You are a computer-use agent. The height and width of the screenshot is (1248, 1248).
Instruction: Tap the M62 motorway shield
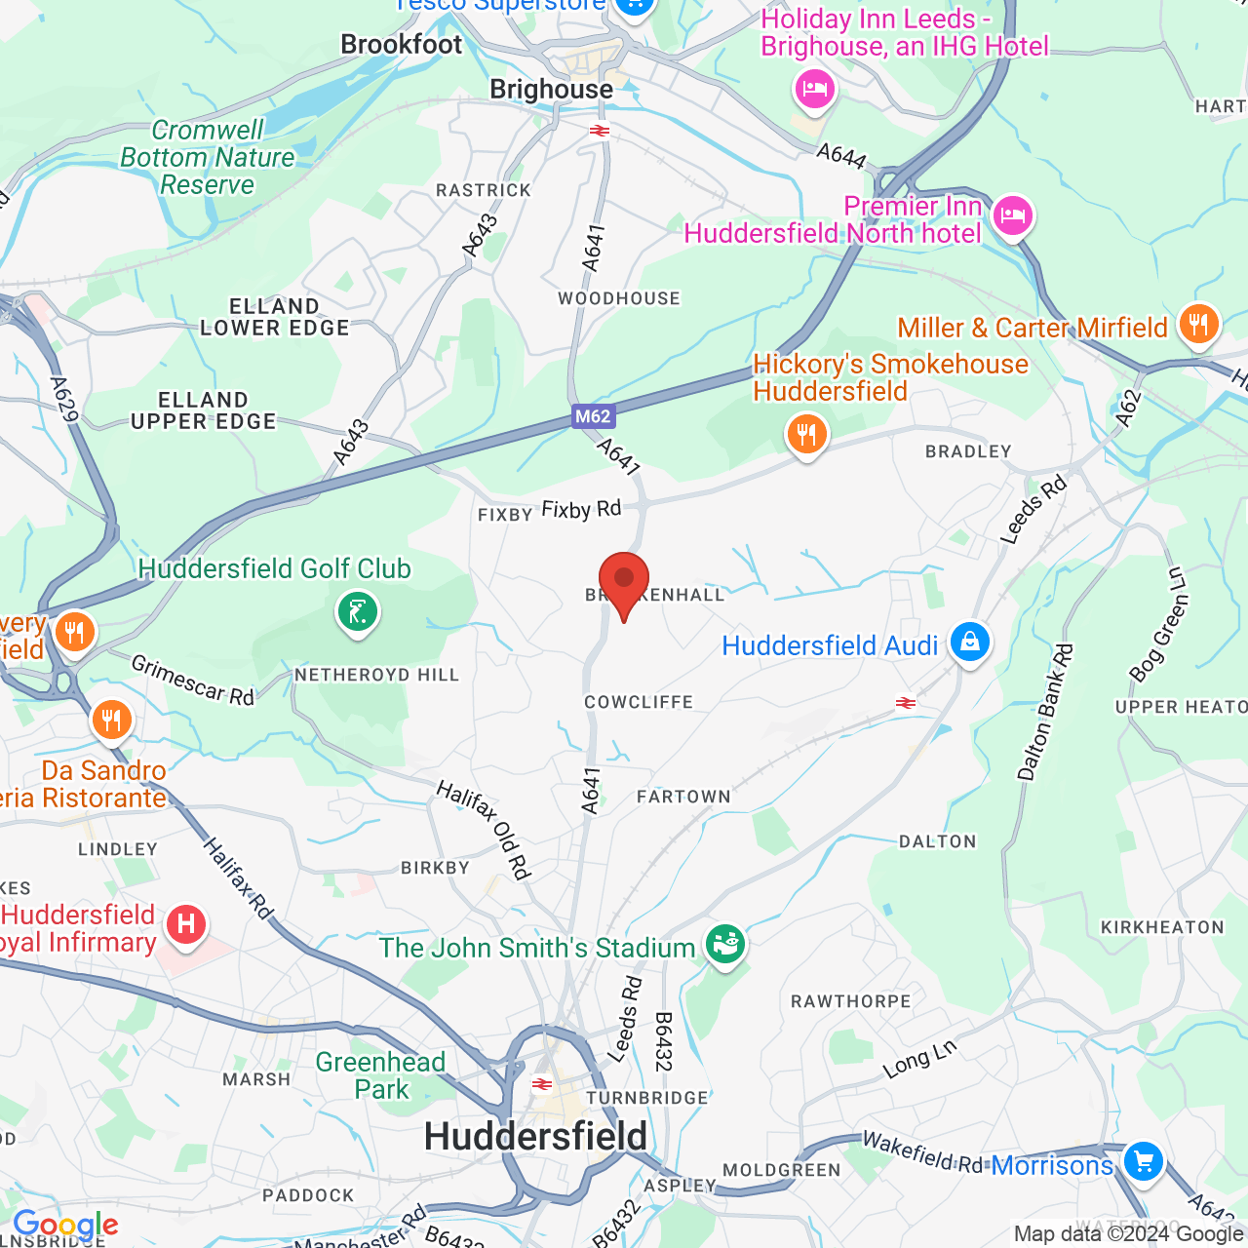(x=593, y=417)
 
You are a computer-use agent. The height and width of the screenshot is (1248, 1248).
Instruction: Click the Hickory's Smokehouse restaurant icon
(x=807, y=434)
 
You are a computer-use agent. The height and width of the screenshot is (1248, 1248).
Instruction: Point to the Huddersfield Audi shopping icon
(x=969, y=643)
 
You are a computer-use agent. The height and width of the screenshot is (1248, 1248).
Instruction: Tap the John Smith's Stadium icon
(x=724, y=945)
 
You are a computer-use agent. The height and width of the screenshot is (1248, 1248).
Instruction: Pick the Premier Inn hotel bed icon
(x=1013, y=214)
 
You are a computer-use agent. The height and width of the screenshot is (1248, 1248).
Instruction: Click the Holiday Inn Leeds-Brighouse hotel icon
(x=814, y=90)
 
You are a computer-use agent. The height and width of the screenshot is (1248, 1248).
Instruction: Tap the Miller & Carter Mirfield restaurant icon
(x=1198, y=325)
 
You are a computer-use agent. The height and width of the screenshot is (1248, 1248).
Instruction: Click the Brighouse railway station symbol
(x=600, y=131)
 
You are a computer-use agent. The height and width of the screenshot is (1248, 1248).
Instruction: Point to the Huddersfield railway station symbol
(x=542, y=1084)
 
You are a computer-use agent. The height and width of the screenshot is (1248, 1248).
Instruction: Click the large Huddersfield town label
(x=535, y=1137)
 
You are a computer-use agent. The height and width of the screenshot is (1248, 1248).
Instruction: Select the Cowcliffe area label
(x=639, y=702)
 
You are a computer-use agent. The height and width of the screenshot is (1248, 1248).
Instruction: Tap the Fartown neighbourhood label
(x=683, y=797)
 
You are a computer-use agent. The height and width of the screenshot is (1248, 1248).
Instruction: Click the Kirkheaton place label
(x=1162, y=927)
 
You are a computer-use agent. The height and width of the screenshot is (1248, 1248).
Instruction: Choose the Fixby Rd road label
(x=581, y=510)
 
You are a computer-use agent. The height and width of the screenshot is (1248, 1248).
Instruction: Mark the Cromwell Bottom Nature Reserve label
(x=208, y=157)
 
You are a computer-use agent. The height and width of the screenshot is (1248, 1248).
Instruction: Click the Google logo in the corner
(x=65, y=1226)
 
